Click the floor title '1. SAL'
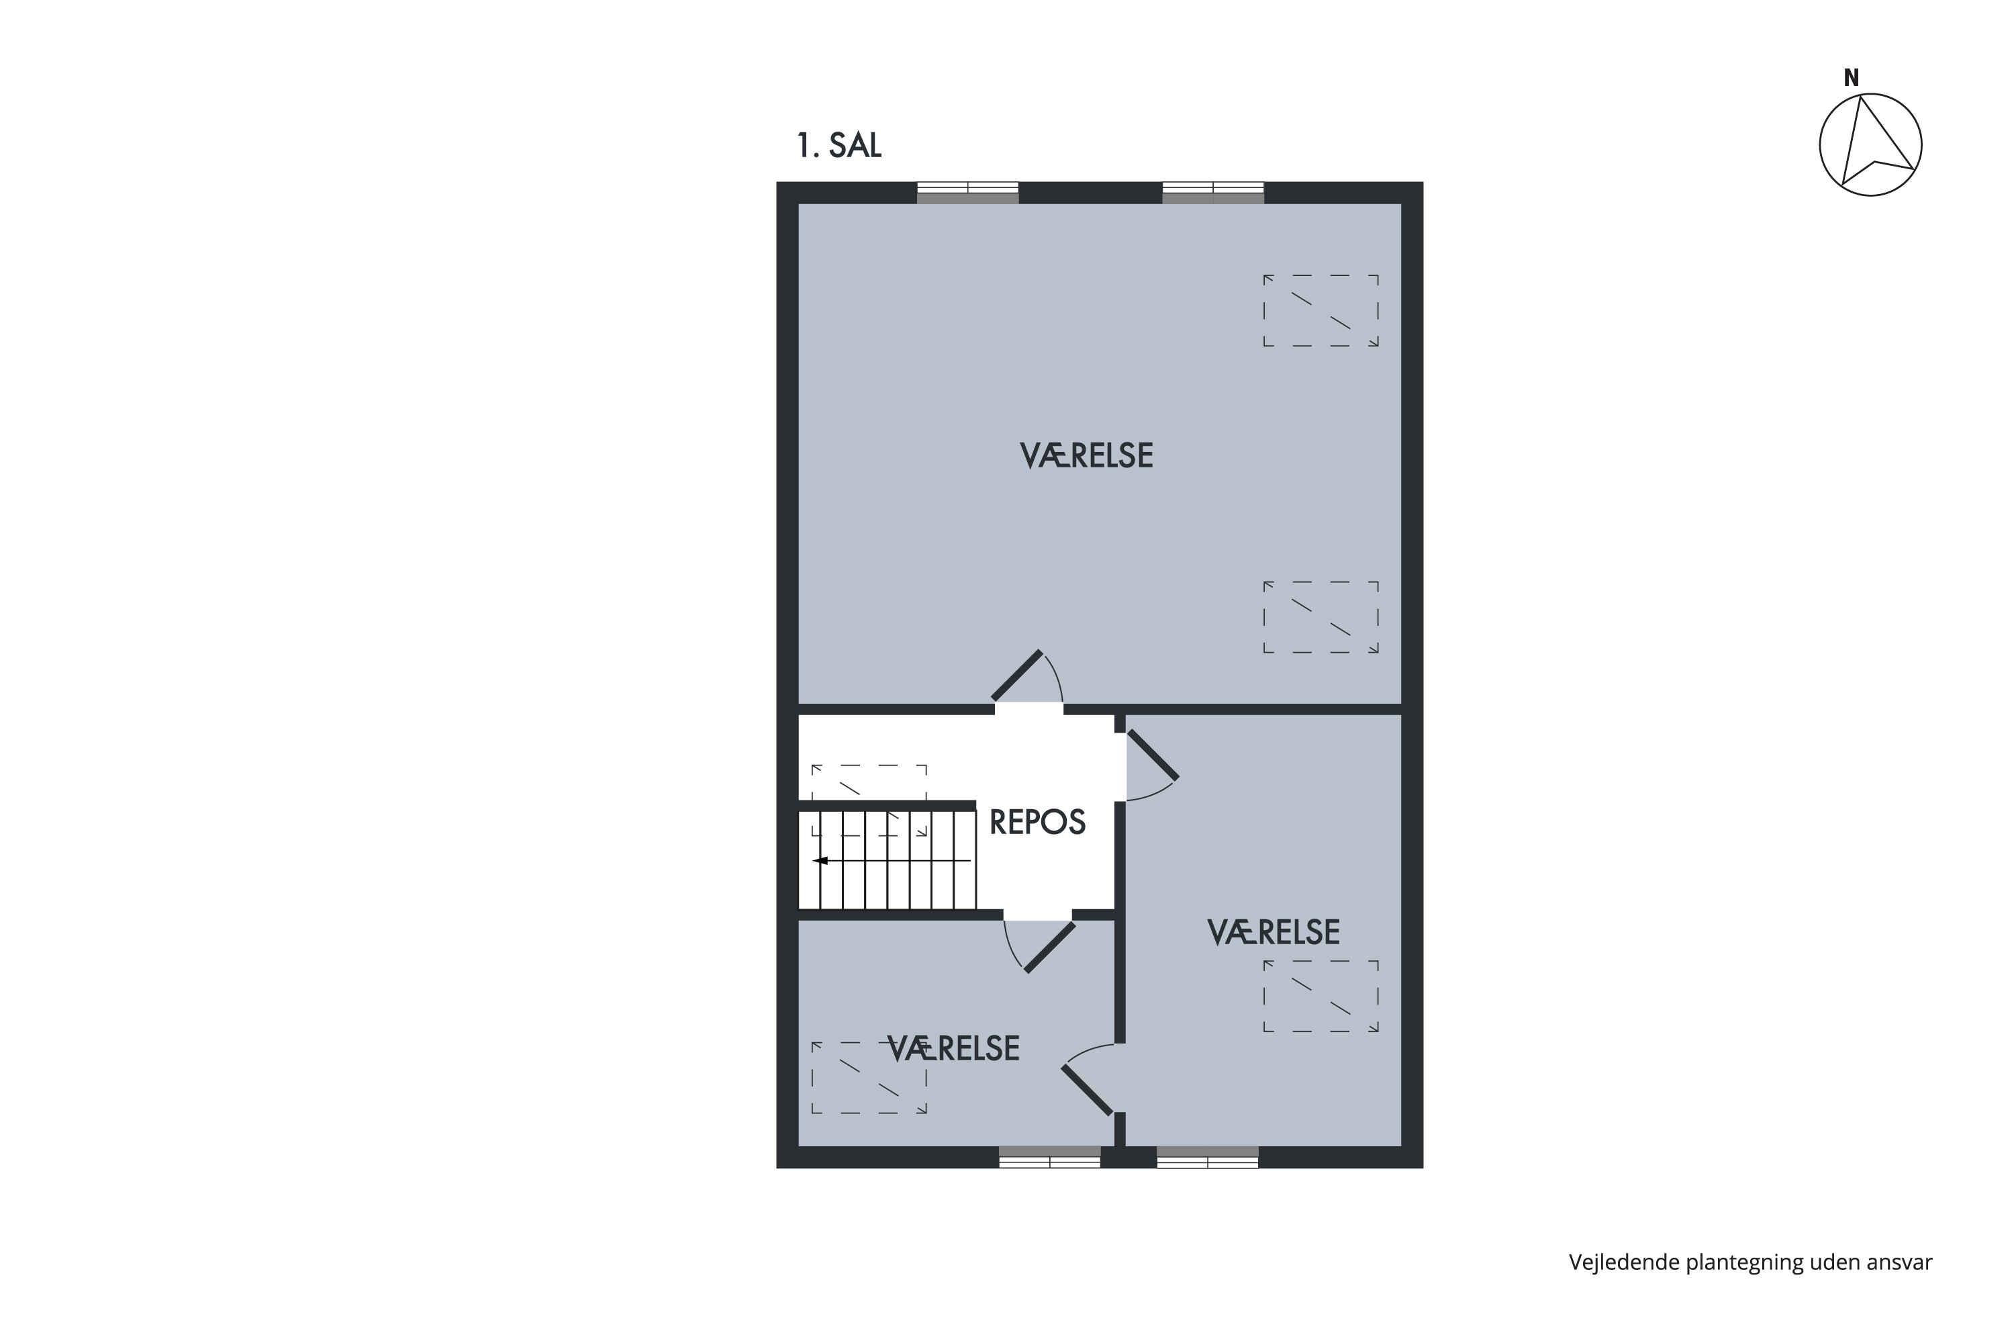pyautogui.click(x=838, y=146)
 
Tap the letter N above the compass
pyautogui.click(x=1852, y=78)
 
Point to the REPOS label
pyautogui.click(x=1037, y=822)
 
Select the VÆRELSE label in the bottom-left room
pyautogui.click(x=953, y=1048)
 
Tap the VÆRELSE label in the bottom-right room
pyautogui.click(x=1274, y=932)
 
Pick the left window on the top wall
pyautogui.click(x=967, y=193)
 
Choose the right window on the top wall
pyautogui.click(x=1212, y=193)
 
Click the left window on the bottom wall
pyautogui.click(x=1050, y=1157)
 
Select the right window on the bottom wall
pyautogui.click(x=1207, y=1157)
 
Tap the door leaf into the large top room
pyautogui.click(x=1017, y=676)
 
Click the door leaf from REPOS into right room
pyautogui.click(x=1153, y=755)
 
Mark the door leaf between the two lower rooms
pyautogui.click(x=1087, y=1089)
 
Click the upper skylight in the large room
pyautogui.click(x=1321, y=310)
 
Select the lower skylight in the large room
pyautogui.click(x=1321, y=616)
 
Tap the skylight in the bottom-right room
pyautogui.click(x=1321, y=995)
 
